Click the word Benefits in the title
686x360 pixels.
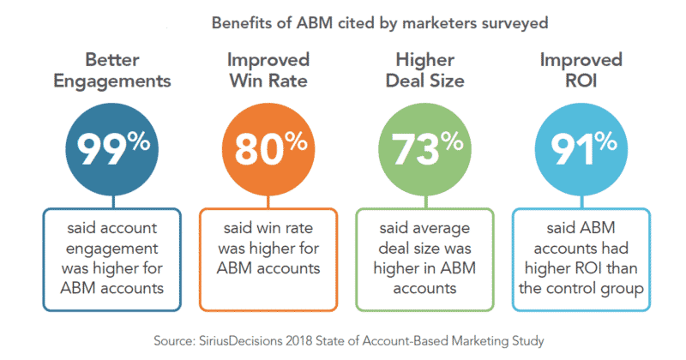pos(241,22)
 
